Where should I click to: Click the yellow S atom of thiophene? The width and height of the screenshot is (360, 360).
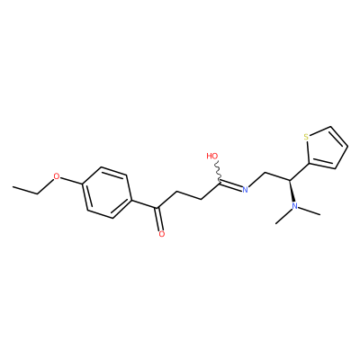[x=306, y=138]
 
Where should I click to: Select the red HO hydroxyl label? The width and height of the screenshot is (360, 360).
[x=212, y=156]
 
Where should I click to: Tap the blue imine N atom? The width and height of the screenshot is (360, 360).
[x=245, y=189]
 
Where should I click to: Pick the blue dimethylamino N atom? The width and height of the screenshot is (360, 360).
[x=294, y=206]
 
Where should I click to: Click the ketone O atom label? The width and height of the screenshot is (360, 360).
[x=162, y=234]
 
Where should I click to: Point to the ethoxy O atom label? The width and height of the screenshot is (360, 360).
[x=57, y=176]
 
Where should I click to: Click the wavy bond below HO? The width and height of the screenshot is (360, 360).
[x=219, y=171]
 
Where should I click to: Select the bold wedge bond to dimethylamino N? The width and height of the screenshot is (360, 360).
[x=292, y=191]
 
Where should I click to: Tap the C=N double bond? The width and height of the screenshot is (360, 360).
[x=231, y=185]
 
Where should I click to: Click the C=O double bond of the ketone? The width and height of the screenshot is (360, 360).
[x=159, y=219]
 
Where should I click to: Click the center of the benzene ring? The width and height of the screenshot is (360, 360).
[x=107, y=193]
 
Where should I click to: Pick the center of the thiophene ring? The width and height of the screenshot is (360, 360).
[x=327, y=148]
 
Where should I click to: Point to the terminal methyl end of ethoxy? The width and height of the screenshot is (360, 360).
[x=13, y=186]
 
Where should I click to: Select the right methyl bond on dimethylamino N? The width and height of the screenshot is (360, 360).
[x=310, y=211]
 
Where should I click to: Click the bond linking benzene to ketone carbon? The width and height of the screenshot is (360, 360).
[x=144, y=203]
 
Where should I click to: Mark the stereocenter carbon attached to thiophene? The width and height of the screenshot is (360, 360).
[x=290, y=180]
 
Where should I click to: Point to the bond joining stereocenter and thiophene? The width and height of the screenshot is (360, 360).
[x=300, y=172]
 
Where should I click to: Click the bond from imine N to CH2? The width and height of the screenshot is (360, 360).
[x=257, y=180]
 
